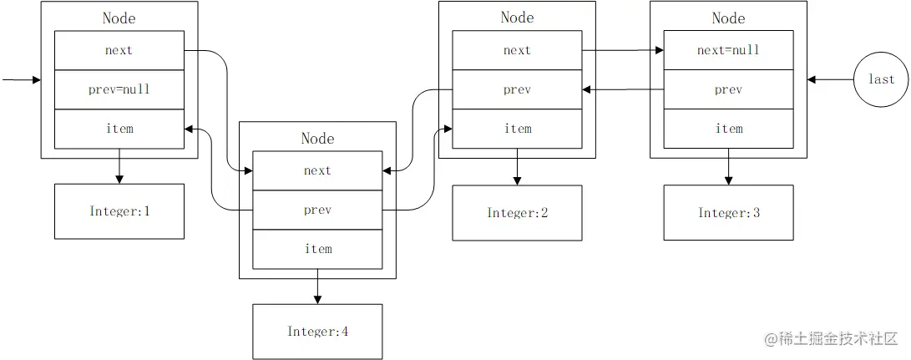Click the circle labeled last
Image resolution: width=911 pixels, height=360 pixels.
coord(881,79)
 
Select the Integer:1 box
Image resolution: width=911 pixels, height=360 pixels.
coord(119,211)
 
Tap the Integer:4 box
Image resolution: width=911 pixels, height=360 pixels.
coord(317,332)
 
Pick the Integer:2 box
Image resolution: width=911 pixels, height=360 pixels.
coord(517,213)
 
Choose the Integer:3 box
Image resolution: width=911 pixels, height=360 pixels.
coord(729,213)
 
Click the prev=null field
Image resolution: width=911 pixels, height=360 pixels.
coord(119,89)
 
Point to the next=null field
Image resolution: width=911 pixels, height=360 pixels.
coord(729,50)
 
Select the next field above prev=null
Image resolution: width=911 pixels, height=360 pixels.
coord(119,50)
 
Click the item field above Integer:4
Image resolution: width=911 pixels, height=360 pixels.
coord(318,250)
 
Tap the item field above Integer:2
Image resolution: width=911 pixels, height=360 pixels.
coord(517,129)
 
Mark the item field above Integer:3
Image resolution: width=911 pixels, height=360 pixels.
coord(729,129)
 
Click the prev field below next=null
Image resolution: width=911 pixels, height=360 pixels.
coord(729,89)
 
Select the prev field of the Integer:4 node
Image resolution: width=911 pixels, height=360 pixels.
coord(318,210)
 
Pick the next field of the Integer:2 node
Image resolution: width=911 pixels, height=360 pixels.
coord(517,50)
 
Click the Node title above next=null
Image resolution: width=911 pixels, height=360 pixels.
coord(729,18)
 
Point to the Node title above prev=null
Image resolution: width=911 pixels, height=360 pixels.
coord(119,18)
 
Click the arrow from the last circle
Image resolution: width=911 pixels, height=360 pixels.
coord(830,79)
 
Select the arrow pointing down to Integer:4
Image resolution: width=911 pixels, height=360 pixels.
coord(317,286)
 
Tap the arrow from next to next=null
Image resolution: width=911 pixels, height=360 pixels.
coord(623,50)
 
